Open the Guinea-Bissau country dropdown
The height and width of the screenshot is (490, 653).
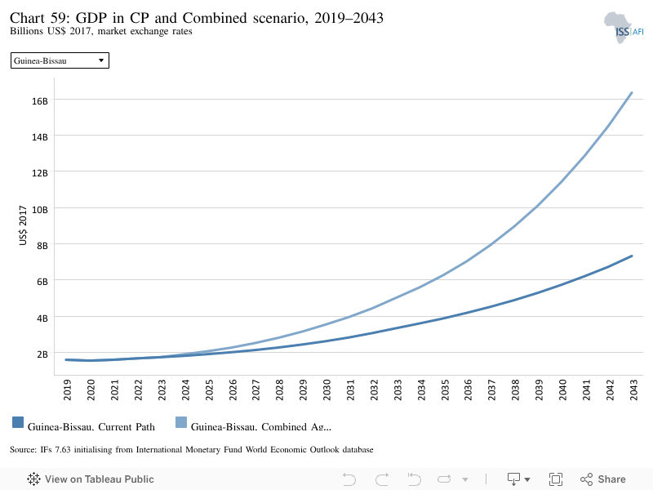click(x=60, y=60)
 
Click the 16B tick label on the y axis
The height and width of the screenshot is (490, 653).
click(x=40, y=100)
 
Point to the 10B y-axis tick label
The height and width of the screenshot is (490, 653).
click(x=40, y=210)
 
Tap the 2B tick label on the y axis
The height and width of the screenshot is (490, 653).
click(x=42, y=354)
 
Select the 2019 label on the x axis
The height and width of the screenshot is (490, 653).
click(x=67, y=390)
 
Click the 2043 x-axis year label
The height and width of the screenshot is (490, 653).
click(x=633, y=390)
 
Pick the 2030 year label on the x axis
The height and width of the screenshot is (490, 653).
click(x=326, y=390)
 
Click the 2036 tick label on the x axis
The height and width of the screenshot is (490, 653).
click(x=468, y=390)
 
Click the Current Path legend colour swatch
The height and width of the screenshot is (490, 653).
click(x=18, y=422)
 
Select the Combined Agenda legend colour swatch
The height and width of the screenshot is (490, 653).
click(x=181, y=422)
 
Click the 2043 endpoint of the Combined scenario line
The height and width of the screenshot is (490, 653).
click(x=632, y=92)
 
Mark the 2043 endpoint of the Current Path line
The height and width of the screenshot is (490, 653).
click(x=632, y=256)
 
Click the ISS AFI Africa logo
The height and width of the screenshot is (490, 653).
click(x=624, y=28)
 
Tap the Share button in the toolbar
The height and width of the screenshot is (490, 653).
click(x=603, y=479)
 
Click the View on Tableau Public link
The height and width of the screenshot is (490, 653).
click(x=91, y=479)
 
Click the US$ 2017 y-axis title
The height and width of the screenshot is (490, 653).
click(x=23, y=225)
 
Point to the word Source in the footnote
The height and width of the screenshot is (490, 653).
click(x=23, y=450)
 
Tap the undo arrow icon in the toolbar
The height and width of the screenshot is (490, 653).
click(x=349, y=479)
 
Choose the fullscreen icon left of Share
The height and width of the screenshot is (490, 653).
click(x=556, y=479)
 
